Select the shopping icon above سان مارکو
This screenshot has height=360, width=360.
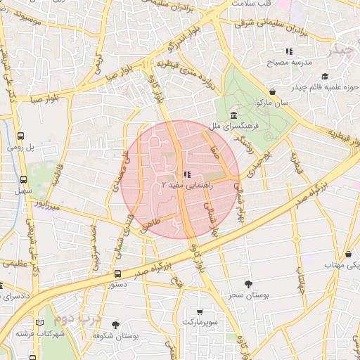273,91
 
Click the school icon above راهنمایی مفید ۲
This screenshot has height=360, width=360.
186,174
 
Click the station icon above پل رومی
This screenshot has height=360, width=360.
20,136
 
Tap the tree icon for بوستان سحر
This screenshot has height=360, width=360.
248,283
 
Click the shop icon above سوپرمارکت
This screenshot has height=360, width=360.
200,311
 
